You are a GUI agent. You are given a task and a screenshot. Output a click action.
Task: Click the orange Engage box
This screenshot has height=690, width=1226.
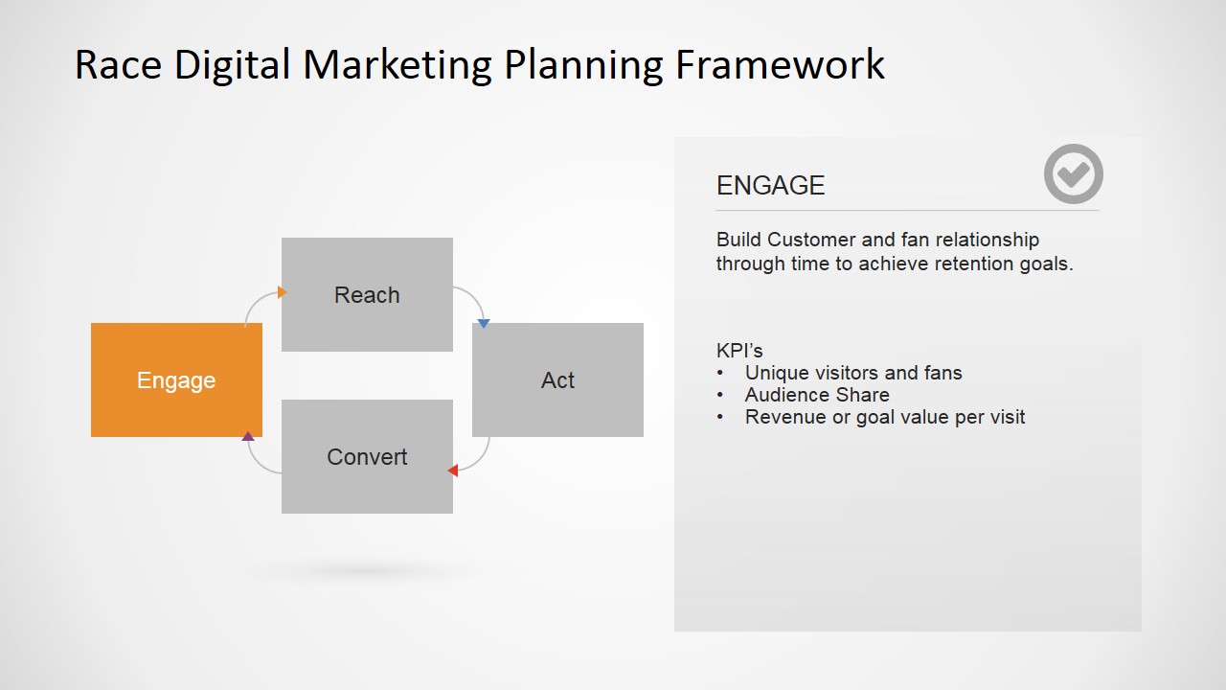tap(176, 380)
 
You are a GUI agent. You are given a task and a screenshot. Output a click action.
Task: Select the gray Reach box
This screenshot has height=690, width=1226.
tap(367, 294)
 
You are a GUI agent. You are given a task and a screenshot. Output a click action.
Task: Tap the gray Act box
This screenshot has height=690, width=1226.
tap(557, 380)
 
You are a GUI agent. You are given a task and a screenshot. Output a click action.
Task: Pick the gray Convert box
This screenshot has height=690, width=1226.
tap(367, 456)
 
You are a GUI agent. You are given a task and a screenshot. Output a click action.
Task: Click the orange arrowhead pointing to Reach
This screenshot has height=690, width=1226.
tap(282, 292)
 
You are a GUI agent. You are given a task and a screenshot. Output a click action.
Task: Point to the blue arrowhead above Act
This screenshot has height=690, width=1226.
tap(484, 323)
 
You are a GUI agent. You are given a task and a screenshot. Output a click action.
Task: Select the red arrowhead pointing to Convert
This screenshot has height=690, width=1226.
tap(453, 470)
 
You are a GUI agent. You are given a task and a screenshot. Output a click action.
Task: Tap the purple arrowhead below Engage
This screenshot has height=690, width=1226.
tap(248, 436)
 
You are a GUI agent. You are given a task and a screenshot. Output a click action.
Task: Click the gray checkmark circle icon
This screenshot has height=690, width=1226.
tap(1073, 174)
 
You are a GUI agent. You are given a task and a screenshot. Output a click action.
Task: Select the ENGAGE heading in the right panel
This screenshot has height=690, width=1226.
tap(770, 186)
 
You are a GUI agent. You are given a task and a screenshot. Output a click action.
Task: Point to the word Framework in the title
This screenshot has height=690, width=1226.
tap(780, 65)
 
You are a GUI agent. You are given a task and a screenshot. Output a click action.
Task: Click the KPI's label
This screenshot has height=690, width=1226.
tap(739, 351)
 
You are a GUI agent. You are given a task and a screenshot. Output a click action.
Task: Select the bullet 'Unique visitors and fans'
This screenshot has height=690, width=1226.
tap(853, 373)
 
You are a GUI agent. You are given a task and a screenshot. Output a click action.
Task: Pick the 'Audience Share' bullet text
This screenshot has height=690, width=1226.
tap(817, 395)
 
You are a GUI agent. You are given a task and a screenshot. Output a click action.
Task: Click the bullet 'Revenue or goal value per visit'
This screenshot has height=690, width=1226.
tap(885, 417)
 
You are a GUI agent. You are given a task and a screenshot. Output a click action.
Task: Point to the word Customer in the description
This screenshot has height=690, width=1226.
tap(809, 240)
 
